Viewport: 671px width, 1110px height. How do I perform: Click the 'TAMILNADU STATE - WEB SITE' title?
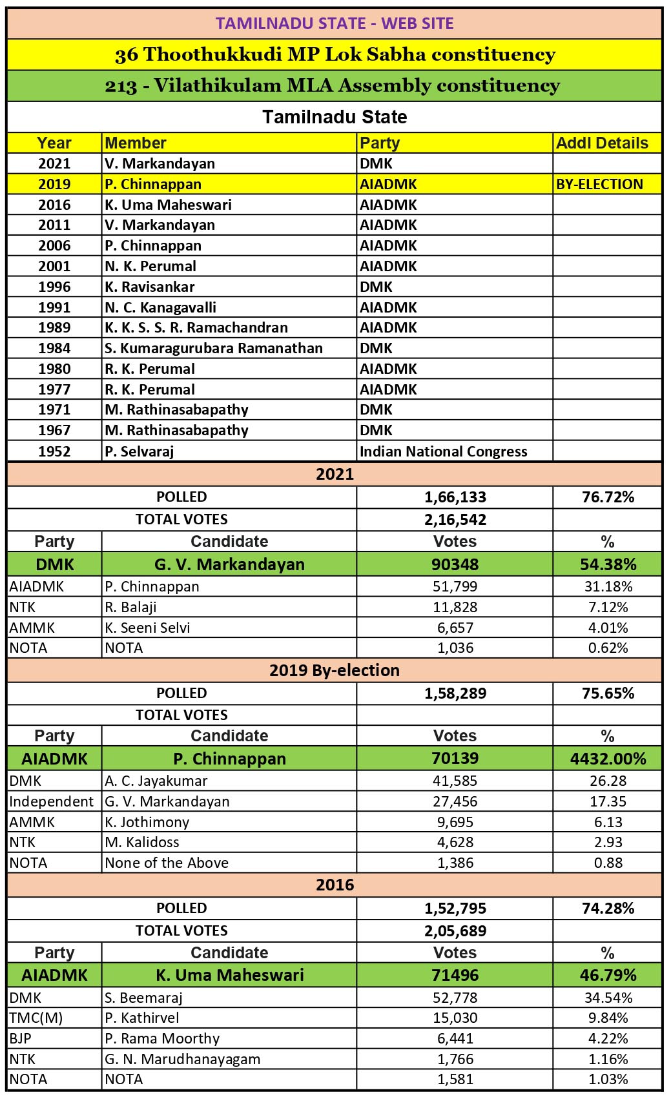[x=335, y=24]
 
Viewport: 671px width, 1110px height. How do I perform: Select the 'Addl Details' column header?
[x=602, y=143]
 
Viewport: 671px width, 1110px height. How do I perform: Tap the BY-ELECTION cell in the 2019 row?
[x=599, y=184]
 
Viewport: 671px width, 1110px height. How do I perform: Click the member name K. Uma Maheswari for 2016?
[x=168, y=205]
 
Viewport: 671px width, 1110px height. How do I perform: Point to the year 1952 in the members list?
[x=54, y=451]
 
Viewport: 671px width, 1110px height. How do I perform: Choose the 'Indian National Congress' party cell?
[x=443, y=451]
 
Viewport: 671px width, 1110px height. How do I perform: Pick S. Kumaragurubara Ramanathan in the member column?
[x=213, y=348]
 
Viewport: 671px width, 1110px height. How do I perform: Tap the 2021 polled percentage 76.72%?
[x=607, y=497]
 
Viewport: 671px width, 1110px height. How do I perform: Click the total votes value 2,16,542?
[x=455, y=520]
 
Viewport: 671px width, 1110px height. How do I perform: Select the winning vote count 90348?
[x=455, y=564]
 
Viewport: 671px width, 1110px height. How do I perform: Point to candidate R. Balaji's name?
[x=130, y=607]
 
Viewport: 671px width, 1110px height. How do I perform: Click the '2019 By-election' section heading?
[x=335, y=670]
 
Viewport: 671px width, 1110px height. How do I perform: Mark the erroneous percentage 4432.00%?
[x=607, y=759]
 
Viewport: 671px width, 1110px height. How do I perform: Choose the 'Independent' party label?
[x=52, y=801]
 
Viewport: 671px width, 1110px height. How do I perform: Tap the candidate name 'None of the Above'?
[x=167, y=863]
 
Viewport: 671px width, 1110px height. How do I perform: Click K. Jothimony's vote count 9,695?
[x=455, y=822]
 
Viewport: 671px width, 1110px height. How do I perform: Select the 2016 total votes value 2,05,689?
[x=455, y=931]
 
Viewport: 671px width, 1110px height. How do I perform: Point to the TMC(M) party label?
[x=36, y=1018]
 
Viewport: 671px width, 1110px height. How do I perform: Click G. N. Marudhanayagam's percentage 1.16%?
[x=607, y=1059]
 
